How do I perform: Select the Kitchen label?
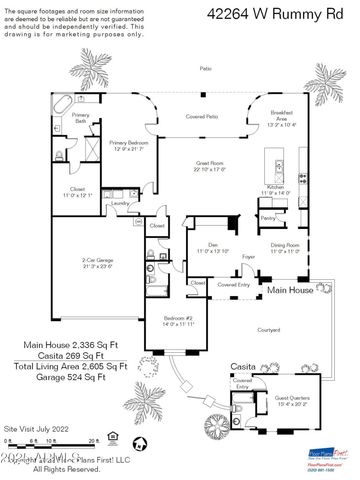[x=275, y=188]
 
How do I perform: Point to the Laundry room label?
[x=121, y=203]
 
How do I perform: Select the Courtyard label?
[x=265, y=328]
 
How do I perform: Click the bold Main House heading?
[x=287, y=289]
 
